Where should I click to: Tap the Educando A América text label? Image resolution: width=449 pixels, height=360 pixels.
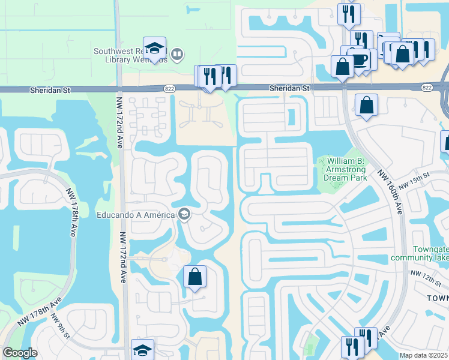click(x=135, y=215)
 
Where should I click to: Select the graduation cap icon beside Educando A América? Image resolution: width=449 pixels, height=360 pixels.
click(x=184, y=215)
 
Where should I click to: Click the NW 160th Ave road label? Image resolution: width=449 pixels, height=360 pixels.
click(x=390, y=191)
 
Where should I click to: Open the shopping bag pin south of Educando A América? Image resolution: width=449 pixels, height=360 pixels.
click(x=194, y=277)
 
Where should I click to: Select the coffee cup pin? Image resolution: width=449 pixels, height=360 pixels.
click(x=359, y=59)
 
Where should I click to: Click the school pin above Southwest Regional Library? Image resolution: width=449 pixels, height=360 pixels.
click(x=154, y=49)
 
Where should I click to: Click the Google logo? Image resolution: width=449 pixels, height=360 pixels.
click(x=20, y=353)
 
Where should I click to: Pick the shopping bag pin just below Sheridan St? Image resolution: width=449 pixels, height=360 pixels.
click(x=366, y=106)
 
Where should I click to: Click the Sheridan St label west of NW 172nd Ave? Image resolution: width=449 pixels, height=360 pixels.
click(x=50, y=89)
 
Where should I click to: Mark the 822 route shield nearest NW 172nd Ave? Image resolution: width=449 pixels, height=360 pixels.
click(x=169, y=88)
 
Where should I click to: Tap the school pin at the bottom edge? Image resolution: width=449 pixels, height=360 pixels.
click(x=142, y=350)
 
